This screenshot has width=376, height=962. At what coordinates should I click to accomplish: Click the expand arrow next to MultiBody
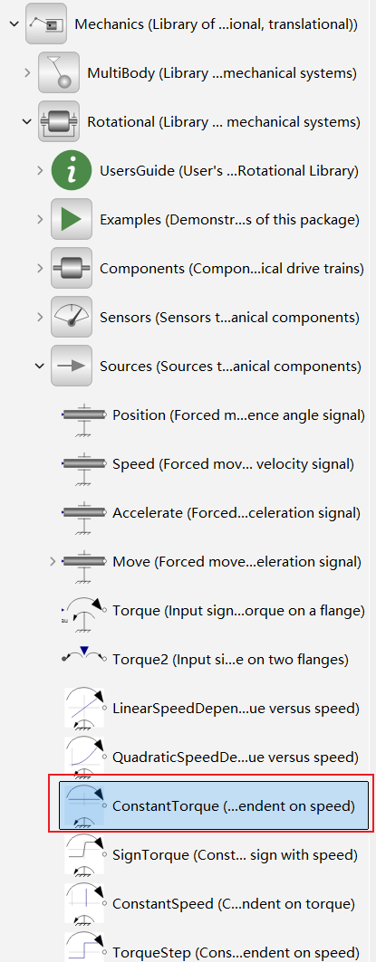27,73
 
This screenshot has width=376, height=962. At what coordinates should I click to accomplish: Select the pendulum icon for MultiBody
59,72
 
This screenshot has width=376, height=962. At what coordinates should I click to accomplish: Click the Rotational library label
224,122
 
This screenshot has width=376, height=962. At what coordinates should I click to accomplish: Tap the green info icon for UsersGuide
72,170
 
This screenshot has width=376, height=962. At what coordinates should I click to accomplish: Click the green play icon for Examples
72,219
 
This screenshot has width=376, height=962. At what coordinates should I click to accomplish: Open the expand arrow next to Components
40,268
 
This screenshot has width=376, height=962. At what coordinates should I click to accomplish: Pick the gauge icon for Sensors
72,317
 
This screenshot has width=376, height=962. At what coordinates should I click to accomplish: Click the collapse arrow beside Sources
40,366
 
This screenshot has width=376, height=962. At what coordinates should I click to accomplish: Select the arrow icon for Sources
72,366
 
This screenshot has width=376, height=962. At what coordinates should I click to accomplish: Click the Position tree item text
238,415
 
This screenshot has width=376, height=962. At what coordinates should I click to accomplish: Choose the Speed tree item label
233,464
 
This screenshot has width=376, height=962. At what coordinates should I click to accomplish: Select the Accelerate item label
236,512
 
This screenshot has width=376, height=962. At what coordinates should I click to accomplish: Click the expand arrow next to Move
53,561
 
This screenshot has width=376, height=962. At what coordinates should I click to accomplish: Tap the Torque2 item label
230,660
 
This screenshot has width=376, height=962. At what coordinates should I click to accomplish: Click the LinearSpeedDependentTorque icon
84,708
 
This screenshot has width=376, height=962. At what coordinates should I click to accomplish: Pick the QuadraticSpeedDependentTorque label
236,757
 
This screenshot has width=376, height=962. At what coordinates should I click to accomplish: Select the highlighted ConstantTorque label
234,805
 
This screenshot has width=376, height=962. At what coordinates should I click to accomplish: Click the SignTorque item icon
84,854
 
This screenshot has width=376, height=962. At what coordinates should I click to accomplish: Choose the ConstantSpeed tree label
234,903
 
